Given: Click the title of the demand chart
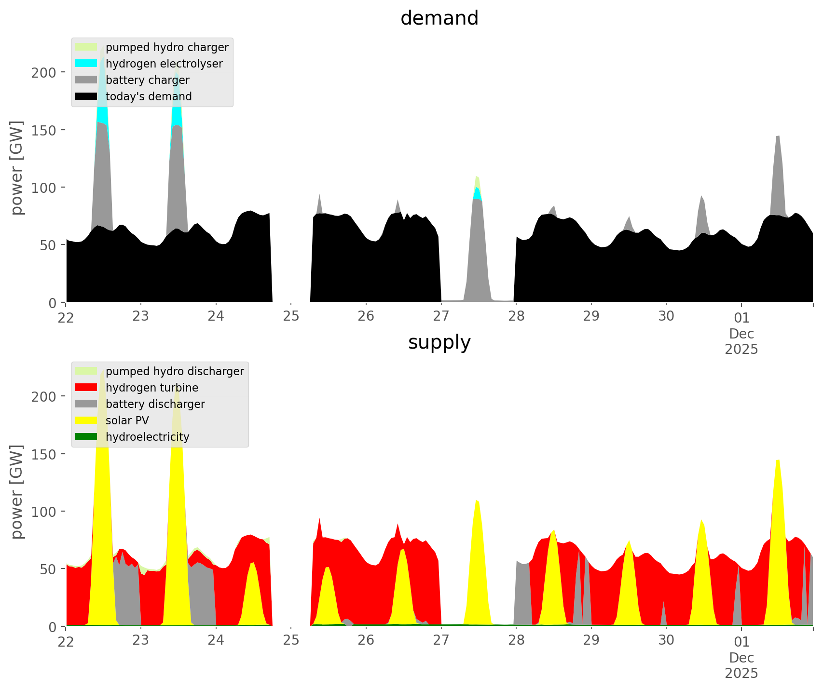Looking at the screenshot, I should click(x=439, y=18).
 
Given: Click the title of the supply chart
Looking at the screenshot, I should click(x=439, y=342).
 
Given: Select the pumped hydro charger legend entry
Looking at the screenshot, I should click(x=166, y=47).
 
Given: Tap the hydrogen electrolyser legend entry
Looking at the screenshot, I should click(x=164, y=64).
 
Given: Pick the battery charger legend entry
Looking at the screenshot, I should click(x=147, y=80).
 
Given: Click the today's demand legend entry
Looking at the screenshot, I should click(x=148, y=96).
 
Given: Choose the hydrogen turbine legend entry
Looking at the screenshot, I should click(x=151, y=388).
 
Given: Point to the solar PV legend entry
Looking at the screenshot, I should click(x=127, y=420).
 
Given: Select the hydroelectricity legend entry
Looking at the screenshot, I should click(x=147, y=437).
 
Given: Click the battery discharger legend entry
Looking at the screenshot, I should click(x=155, y=404).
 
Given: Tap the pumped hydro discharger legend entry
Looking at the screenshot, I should click(x=174, y=371).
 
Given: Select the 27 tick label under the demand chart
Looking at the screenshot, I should click(x=441, y=317).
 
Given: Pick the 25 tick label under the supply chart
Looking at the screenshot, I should click(x=291, y=641).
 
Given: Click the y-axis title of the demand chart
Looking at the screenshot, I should click(x=17, y=168).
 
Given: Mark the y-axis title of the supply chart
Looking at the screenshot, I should click(x=17, y=492).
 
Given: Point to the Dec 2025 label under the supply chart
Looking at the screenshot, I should click(x=741, y=665).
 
